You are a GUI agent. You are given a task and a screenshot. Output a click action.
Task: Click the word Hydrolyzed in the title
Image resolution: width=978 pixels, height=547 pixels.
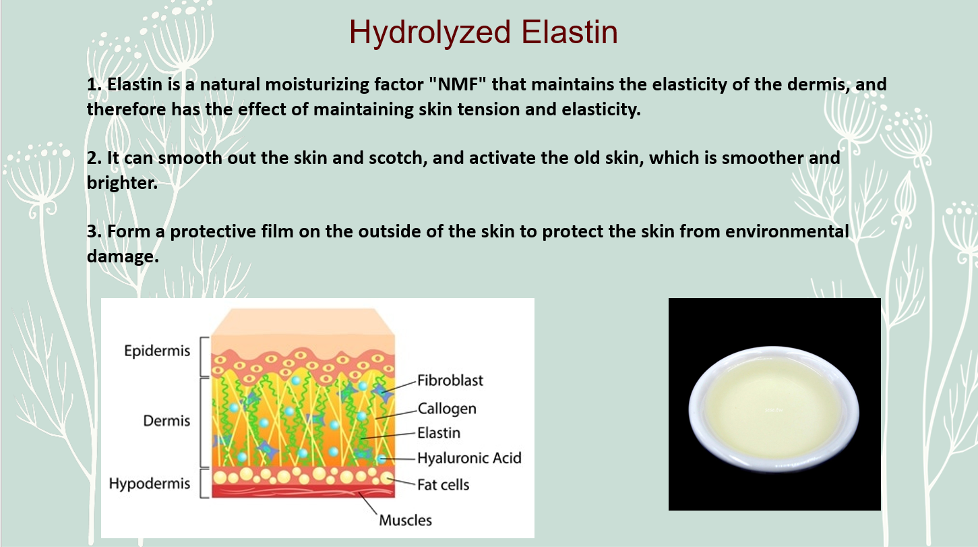[430, 33]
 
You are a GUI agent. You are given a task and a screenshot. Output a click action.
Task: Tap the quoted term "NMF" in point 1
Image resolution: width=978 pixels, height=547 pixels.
[458, 84]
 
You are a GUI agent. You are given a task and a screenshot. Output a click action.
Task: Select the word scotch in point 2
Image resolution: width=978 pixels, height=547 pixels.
[398, 158]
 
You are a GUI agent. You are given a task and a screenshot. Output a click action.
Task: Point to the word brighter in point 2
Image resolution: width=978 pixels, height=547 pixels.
[122, 183]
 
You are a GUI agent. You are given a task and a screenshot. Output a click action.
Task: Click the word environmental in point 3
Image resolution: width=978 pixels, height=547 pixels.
[787, 231]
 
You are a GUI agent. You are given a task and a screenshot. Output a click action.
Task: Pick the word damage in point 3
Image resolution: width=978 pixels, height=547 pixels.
[123, 256]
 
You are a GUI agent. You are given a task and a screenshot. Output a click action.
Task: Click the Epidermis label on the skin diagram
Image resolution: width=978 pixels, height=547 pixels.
[157, 351]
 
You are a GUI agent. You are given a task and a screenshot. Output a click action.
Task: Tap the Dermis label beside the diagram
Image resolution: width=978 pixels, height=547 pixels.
[166, 421]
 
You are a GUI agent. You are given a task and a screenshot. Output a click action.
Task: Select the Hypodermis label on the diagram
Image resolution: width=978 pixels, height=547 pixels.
[150, 484]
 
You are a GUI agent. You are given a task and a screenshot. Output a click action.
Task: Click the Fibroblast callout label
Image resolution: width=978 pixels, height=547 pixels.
[450, 380]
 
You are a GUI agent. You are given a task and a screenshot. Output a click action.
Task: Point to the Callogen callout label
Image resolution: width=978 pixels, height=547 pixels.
[447, 409]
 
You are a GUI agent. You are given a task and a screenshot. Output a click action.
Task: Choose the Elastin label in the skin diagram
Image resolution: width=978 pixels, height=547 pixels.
[439, 433]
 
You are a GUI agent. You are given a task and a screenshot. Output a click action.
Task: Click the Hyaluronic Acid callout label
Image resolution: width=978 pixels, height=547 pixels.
[469, 458]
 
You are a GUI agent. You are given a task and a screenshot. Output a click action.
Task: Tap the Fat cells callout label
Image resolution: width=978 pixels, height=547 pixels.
[443, 485]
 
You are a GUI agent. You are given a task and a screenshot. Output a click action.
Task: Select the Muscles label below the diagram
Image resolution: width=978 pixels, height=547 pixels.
[405, 520]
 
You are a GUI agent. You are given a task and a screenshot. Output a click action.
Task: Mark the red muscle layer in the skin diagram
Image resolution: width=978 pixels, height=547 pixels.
[303, 491]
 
